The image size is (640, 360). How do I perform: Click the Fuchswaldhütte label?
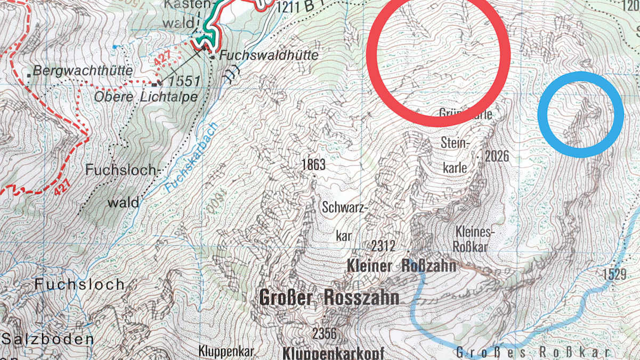pos(269,55)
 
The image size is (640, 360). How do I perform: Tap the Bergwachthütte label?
pos(73,70)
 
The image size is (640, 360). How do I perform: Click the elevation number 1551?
pos(182,81)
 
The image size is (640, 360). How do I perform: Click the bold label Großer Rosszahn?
pos(329,298)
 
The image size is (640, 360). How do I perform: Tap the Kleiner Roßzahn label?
pos(401,265)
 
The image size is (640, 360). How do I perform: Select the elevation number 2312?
pos(383,246)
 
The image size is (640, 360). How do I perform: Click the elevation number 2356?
pos(325,334)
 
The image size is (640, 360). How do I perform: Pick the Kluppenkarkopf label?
pos(333,353)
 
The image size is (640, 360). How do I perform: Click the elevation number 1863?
pos(313,165)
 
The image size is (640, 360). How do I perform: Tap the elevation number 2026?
pos(497,156)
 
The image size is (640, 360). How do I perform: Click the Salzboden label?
pos(47,339)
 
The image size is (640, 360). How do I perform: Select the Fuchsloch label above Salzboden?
pos(79,284)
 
